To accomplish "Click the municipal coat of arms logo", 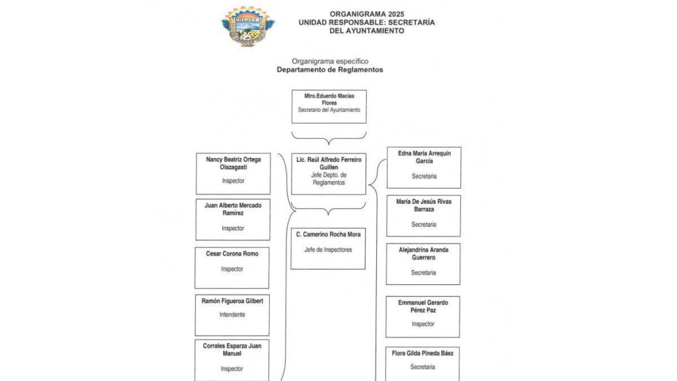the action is click(247, 26).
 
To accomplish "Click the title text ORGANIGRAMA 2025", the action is click(367, 15).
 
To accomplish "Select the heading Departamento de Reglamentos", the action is click(330, 69).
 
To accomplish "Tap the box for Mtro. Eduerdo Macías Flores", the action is click(329, 106).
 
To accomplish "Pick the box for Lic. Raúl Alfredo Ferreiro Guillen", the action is click(329, 174).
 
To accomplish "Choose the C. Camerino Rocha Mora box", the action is click(328, 249).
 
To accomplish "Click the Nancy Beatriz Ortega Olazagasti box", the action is click(233, 174).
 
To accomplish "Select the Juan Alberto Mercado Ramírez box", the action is click(233, 220).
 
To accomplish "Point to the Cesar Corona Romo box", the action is click(232, 268).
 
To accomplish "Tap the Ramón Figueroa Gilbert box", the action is click(232, 316).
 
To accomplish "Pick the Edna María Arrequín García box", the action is click(424, 167).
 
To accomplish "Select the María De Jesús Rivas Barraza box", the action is click(424, 216).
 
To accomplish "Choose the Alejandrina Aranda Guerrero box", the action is click(423, 265).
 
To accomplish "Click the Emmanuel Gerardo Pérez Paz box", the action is click(422, 317).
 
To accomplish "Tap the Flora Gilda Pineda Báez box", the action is click(422, 364).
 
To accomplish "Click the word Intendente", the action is click(232, 314).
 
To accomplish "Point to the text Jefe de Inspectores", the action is click(328, 249).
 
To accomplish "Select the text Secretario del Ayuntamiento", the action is click(329, 110).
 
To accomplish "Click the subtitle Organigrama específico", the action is click(330, 62).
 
